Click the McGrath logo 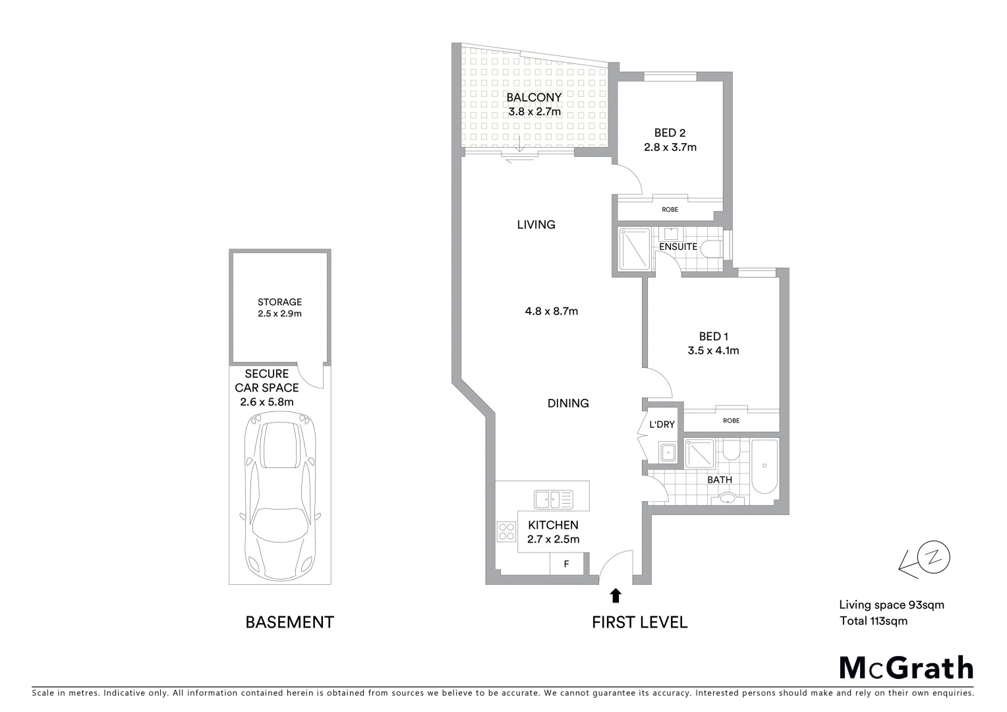point(906,668)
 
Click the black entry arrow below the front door point(616,596)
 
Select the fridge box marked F point(566,564)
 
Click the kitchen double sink point(554,499)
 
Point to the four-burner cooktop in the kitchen point(506,531)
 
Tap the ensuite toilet point(710,249)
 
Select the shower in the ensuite point(635,249)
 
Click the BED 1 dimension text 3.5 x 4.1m point(713,351)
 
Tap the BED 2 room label point(670,133)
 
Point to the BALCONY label point(534,98)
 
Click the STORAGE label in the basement point(279,302)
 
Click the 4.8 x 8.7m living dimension point(551,311)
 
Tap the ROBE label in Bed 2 point(670,210)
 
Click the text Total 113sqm point(873,621)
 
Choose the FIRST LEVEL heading point(639,622)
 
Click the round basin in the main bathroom point(726,498)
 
